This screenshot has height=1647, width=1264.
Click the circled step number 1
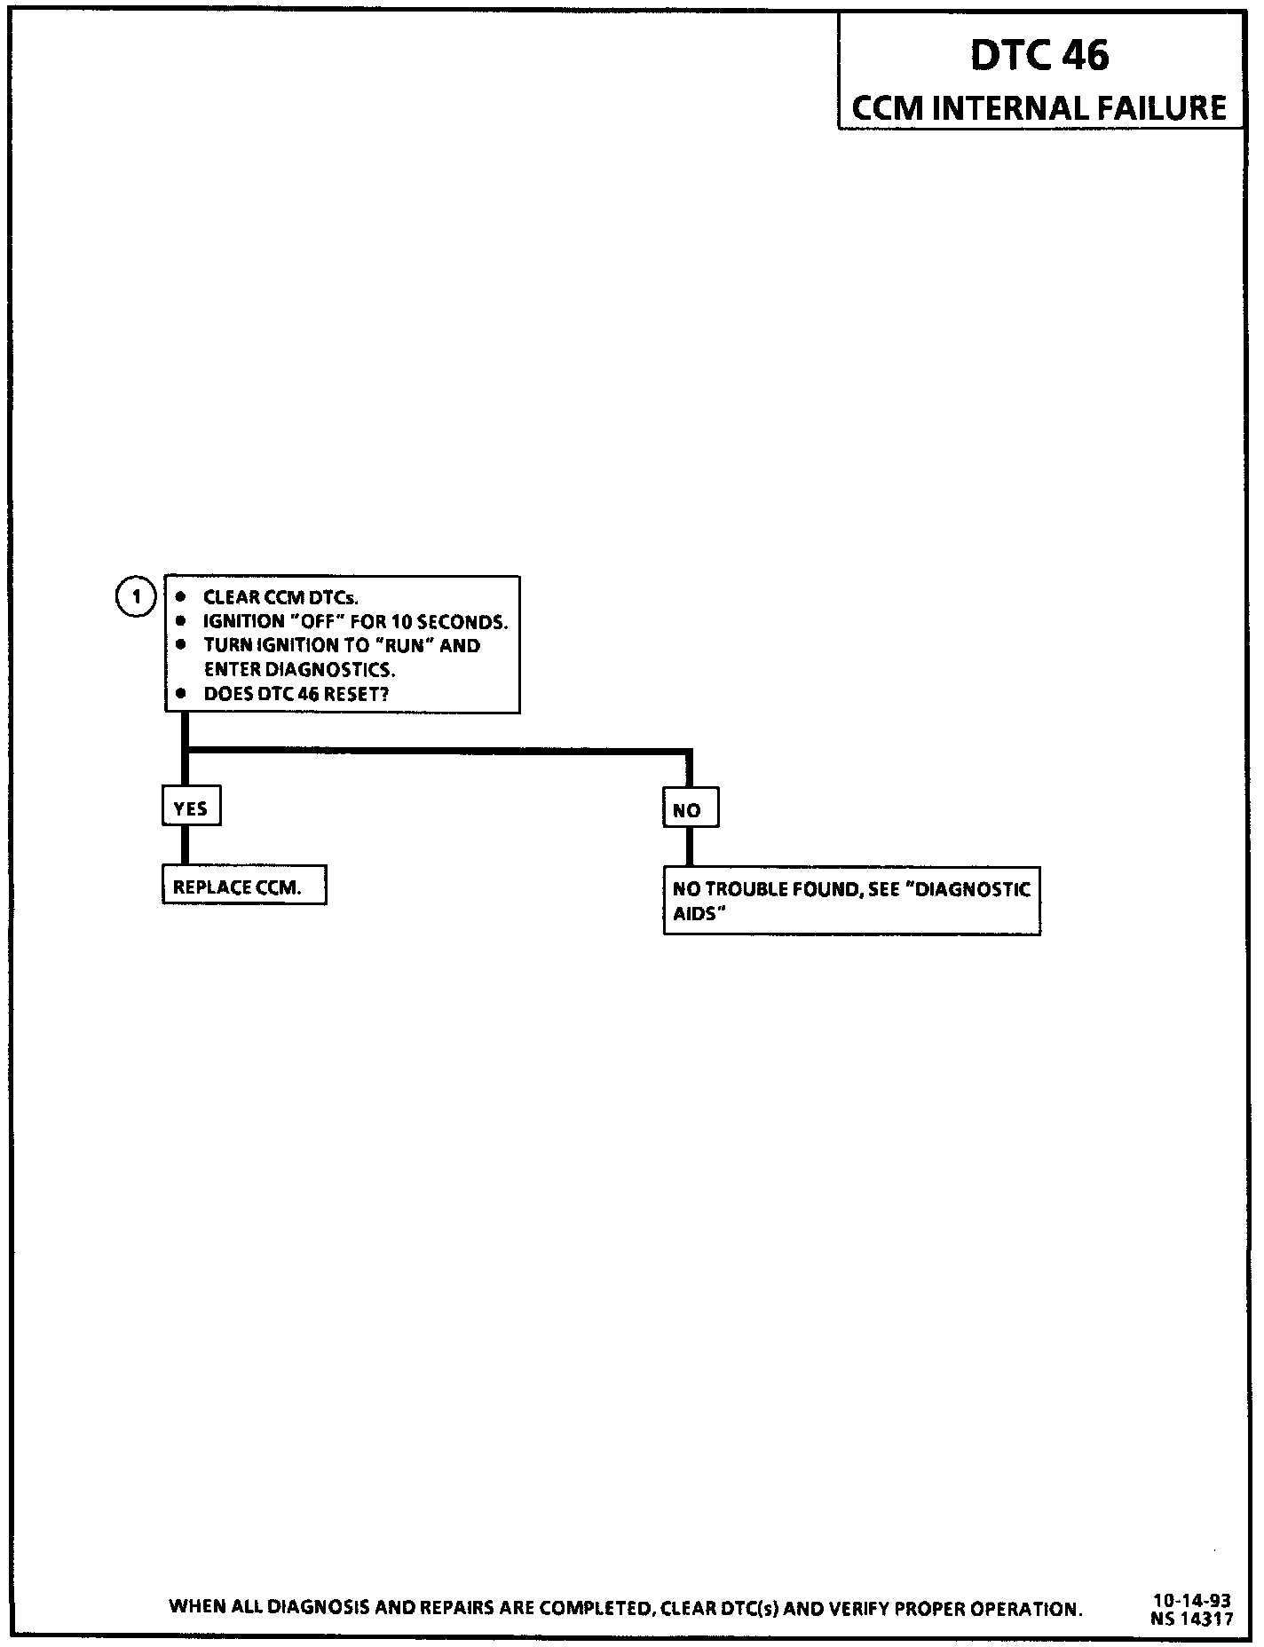(136, 597)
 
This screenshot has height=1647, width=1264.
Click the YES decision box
(191, 808)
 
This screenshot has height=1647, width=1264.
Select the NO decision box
(690, 810)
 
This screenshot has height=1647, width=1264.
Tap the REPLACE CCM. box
(244, 887)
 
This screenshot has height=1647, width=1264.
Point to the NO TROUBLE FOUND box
(851, 902)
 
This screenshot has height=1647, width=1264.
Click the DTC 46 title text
(1039, 55)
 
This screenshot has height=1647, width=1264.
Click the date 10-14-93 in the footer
(1191, 1600)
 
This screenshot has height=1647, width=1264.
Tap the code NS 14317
(1191, 1618)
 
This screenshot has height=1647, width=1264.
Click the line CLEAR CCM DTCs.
(280, 597)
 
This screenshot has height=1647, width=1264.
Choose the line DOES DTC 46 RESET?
(296, 694)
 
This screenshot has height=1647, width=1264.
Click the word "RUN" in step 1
(404, 645)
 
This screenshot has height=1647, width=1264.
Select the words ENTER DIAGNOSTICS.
(299, 670)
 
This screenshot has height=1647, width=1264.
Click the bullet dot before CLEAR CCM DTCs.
(182, 596)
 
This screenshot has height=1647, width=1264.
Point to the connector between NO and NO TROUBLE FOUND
(690, 847)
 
